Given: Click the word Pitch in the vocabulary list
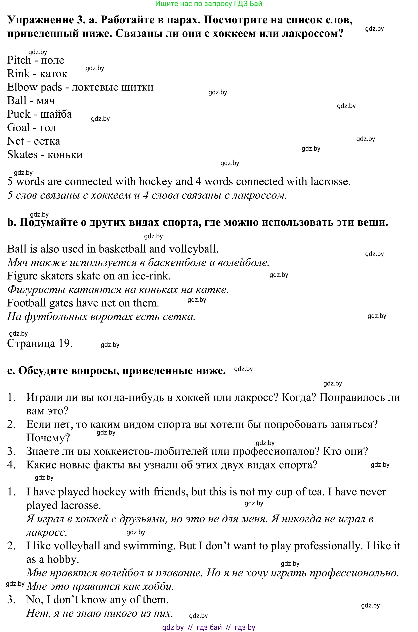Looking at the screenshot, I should pos(19,60).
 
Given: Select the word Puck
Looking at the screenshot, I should pos(19,114).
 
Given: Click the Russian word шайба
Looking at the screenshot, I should pos(56,114).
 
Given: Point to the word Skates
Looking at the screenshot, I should pos(22,155).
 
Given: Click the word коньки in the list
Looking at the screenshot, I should pos(65,155).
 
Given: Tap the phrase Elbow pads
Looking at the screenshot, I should pos(34,87).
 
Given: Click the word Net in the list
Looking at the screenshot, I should pos(15,141).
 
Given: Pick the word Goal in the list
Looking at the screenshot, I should pos(18,128).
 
